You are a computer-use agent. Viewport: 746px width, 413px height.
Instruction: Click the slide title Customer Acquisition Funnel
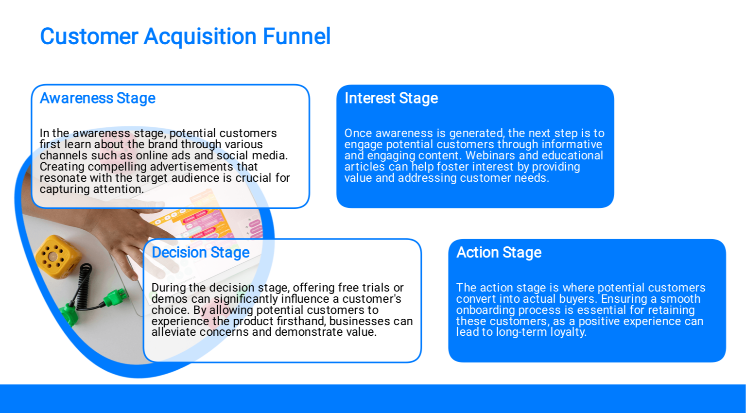click(185, 36)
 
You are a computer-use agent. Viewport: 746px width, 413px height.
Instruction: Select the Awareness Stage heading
click(98, 98)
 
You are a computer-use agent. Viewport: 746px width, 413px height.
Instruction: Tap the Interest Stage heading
click(391, 98)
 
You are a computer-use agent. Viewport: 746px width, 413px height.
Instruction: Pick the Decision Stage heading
click(201, 253)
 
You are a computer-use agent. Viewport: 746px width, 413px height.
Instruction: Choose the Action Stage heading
click(499, 253)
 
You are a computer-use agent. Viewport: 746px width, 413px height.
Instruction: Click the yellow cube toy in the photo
click(58, 257)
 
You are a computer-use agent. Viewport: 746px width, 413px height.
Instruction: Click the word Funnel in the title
click(296, 36)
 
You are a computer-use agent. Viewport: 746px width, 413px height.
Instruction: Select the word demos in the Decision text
click(170, 299)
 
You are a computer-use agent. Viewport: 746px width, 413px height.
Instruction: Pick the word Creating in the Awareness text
click(62, 167)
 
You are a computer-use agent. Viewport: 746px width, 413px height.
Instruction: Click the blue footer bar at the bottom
click(373, 399)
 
